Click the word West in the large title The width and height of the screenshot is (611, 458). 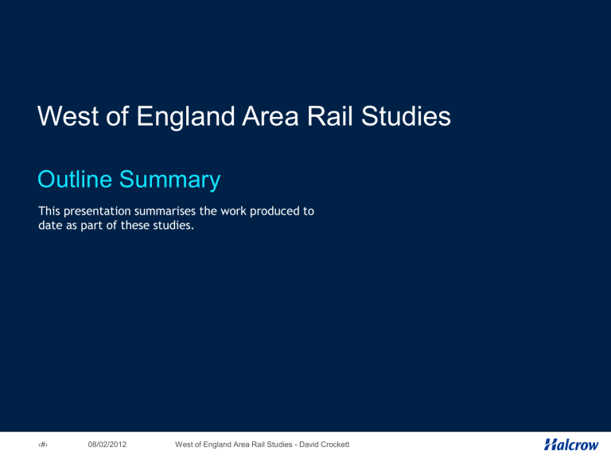[68, 116]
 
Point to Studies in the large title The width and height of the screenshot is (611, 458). [406, 116]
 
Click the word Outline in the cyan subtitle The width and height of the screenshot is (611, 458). [75, 179]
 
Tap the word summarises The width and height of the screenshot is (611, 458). [165, 211]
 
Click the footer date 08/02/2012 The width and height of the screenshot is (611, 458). [107, 444]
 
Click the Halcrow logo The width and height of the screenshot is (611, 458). [571, 444]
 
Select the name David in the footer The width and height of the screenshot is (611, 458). [309, 444]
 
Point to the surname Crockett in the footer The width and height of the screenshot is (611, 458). [335, 444]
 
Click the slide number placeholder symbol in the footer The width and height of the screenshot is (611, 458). [43, 444]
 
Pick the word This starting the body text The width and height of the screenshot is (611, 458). [49, 211]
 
